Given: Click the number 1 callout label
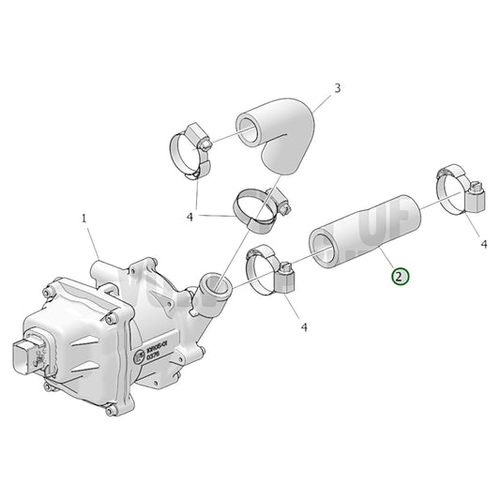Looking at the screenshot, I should pyautogui.click(x=83, y=218).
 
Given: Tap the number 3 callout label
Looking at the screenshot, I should pyautogui.click(x=337, y=89).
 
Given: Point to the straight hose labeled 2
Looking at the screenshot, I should pyautogui.click(x=366, y=228).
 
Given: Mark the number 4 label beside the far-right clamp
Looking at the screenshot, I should pyautogui.click(x=484, y=245).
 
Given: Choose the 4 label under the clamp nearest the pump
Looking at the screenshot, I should pyautogui.click(x=304, y=326).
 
